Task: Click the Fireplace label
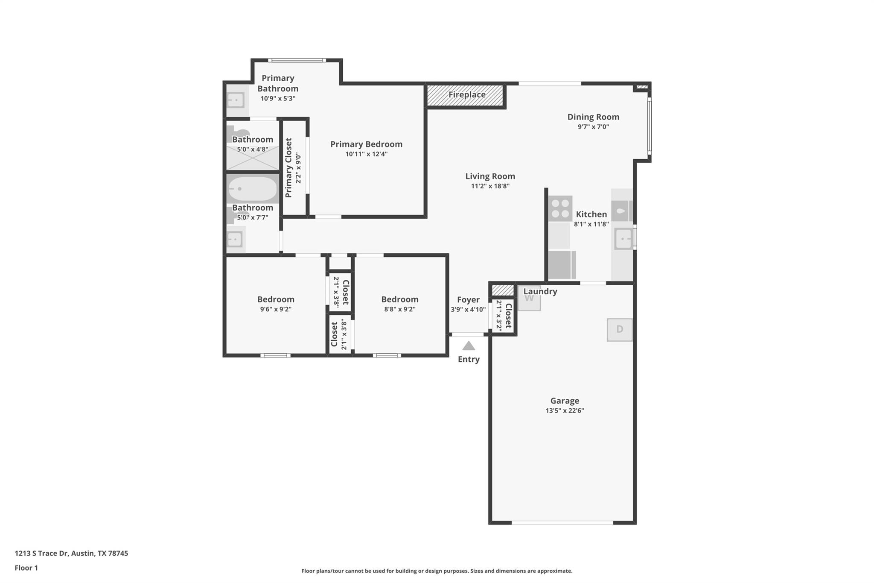[x=467, y=95]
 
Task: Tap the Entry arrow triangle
[x=469, y=346]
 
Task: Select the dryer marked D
[x=620, y=329]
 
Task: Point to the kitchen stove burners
[x=560, y=208]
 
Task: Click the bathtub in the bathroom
[x=252, y=188]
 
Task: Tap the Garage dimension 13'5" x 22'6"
[x=565, y=410]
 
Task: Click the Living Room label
[x=490, y=176]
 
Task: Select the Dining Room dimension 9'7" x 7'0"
[x=593, y=127]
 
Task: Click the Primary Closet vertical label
[x=288, y=167]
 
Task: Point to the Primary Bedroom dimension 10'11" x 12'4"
[x=366, y=154]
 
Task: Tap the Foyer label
[x=468, y=299]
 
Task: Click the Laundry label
[x=540, y=291]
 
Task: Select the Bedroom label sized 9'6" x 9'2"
[x=276, y=299]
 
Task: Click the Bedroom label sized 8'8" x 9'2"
[x=399, y=299]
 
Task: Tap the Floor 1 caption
[x=26, y=568]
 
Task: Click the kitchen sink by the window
[x=623, y=238]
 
